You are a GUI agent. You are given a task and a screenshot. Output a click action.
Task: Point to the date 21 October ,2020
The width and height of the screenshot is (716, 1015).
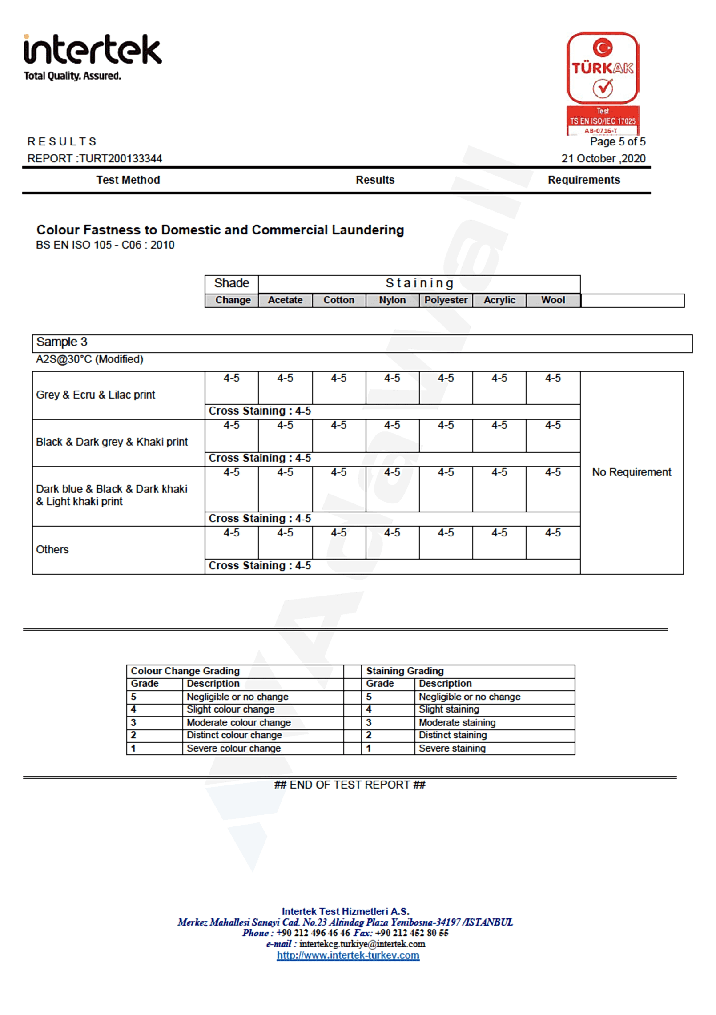point(603,159)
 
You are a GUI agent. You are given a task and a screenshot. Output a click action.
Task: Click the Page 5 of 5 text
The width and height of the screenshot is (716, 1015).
point(617,142)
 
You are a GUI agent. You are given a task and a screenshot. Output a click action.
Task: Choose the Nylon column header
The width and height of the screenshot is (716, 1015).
point(392,300)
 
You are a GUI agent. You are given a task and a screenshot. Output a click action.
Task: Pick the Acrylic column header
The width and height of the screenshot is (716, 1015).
point(499,300)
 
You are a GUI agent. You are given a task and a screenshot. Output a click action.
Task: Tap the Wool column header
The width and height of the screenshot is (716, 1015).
point(553,300)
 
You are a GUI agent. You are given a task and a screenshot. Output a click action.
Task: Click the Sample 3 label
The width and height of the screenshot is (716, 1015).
point(62,342)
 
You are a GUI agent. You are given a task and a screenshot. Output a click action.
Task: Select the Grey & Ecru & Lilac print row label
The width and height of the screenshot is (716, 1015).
point(96,395)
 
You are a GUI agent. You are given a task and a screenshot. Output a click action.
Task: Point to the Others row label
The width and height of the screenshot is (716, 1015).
point(52,550)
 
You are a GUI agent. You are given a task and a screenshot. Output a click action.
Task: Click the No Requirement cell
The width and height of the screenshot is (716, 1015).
point(631,472)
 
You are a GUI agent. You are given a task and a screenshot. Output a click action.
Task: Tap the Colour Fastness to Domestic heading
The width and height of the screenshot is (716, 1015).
point(220,230)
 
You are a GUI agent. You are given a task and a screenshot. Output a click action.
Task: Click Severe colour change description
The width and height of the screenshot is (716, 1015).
point(233,749)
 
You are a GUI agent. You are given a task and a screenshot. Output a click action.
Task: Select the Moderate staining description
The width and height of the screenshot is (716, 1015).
point(457,723)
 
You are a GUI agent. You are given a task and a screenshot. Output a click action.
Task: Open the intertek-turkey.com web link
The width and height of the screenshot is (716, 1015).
point(348,955)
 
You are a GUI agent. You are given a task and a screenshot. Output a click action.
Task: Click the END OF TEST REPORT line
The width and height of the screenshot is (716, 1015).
point(350,785)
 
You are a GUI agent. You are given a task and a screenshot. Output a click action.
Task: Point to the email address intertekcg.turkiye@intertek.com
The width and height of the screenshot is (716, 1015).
point(362,944)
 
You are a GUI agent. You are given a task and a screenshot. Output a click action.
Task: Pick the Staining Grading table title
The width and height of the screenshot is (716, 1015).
point(405,671)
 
